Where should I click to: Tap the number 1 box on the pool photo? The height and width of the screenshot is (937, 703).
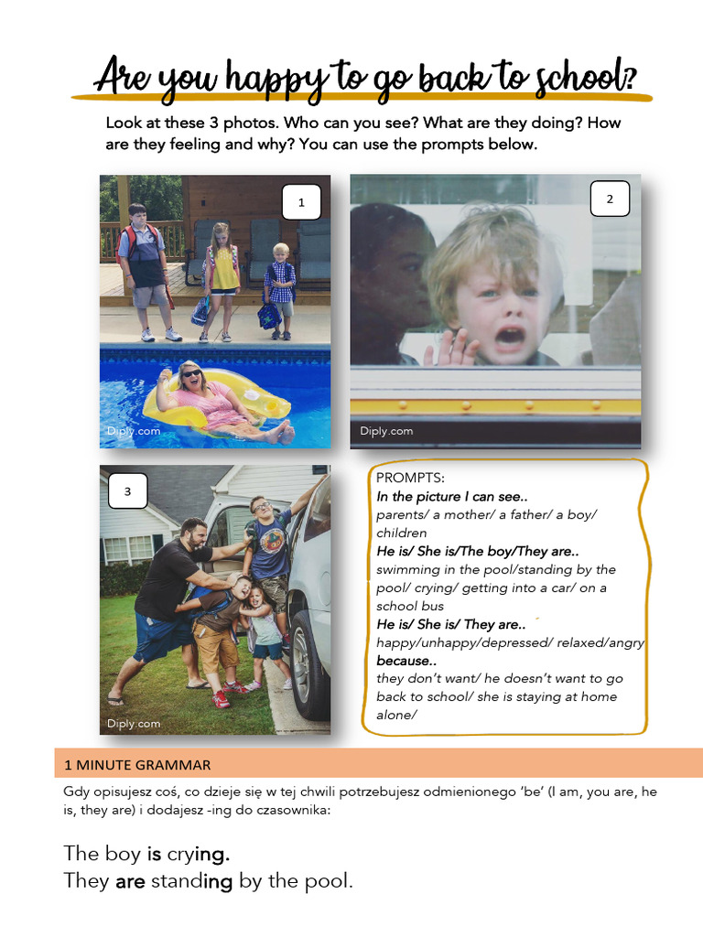(301, 202)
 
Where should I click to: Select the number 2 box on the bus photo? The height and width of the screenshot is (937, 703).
(610, 199)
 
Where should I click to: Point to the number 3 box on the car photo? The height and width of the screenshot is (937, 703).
(127, 491)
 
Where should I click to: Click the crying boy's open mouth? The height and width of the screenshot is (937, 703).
(509, 337)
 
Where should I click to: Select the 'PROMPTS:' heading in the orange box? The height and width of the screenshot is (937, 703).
(410, 479)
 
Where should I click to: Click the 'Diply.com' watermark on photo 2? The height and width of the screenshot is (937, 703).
(386, 431)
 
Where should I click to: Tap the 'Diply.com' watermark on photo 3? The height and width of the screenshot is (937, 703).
(134, 723)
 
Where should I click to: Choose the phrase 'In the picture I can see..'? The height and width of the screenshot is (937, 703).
(451, 497)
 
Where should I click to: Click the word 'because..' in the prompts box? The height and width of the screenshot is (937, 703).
(404, 661)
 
